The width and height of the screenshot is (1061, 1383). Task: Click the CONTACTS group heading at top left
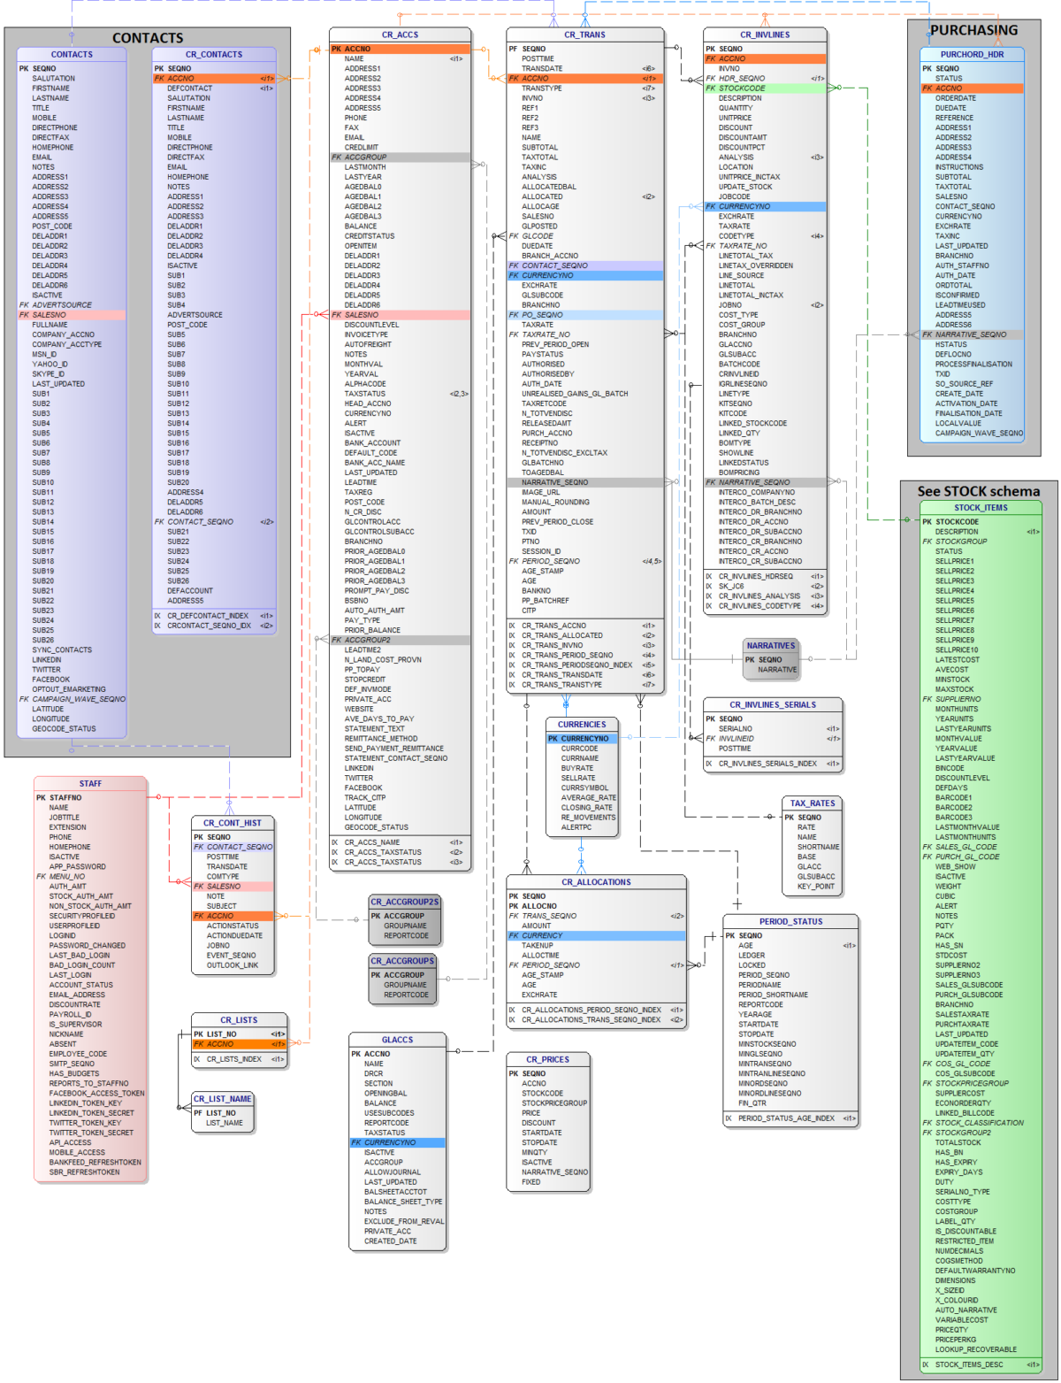pos(148,38)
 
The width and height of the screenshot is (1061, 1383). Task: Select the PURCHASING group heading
pos(973,30)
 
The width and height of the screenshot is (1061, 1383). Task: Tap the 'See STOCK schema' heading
pos(978,491)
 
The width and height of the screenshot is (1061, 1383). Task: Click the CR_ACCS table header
pos(400,35)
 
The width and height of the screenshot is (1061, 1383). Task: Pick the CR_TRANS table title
pos(584,35)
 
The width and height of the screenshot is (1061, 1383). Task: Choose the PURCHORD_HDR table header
pos(971,54)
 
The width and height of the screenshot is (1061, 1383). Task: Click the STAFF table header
pos(90,783)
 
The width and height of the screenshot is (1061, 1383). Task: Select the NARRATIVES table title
pos(770,646)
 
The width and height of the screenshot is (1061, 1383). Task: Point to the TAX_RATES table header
pos(812,803)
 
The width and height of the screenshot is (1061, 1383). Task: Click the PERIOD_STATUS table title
pos(790,921)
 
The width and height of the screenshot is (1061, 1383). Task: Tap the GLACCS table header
pos(397,1040)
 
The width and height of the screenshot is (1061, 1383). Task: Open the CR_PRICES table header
pos(547,1059)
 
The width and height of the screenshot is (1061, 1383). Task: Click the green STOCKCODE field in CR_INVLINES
pos(743,88)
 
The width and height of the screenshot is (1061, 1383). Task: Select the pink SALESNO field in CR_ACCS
pos(362,315)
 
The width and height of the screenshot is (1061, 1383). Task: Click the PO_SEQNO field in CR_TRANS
pos(542,315)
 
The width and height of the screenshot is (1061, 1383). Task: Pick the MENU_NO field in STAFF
pos(67,877)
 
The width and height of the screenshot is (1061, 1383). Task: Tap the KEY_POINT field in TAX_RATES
pos(815,887)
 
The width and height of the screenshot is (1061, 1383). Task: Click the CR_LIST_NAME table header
pos(223,1099)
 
